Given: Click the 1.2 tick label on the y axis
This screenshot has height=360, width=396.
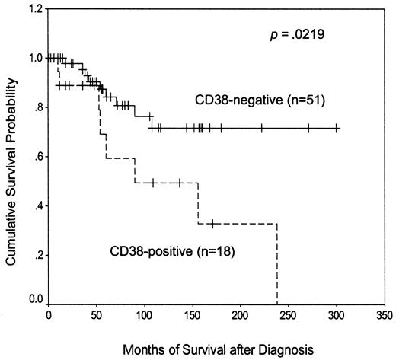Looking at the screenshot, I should tap(34, 9).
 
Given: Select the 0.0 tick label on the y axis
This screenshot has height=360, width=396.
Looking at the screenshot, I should tap(34, 304).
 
